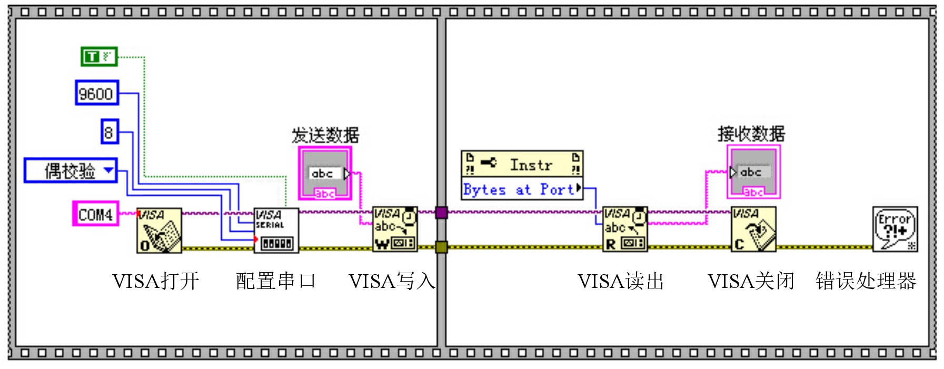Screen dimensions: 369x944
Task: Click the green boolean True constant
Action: pos(99,56)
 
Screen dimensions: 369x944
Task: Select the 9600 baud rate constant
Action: pos(96,93)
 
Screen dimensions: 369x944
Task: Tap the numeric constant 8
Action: pos(109,132)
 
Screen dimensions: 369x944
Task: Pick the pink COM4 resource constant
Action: pos(95,214)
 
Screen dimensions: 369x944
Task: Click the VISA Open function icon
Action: pos(159,230)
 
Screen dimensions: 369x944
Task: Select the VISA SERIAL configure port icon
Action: pos(276,230)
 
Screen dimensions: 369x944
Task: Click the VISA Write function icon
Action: pos(395,229)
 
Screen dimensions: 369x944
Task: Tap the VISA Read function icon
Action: pos(625,229)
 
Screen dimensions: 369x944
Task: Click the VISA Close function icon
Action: pos(753,229)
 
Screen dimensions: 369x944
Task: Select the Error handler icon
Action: pos(895,229)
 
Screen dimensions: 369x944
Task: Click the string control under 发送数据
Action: pos(325,173)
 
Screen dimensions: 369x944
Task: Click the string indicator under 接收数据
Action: pos(753,172)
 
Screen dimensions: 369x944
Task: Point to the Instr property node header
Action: pos(522,164)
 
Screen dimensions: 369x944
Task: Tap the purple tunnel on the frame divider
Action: pos(441,213)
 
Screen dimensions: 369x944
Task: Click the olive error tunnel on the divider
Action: pos(441,246)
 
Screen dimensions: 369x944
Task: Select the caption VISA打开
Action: pos(155,281)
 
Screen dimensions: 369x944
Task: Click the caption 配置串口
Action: pos(275,281)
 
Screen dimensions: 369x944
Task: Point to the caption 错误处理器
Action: pos(866,281)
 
